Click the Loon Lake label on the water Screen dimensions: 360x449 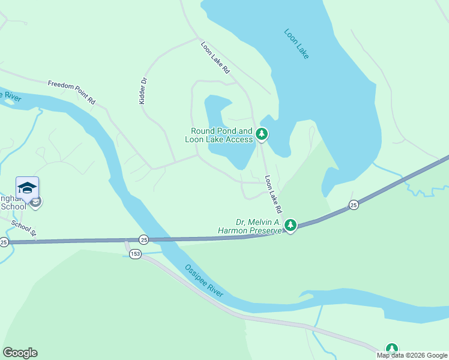click(x=297, y=44)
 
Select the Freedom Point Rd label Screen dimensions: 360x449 click(x=71, y=93)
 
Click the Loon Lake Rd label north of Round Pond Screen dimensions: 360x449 click(x=215, y=58)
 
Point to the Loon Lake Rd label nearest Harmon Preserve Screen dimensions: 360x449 click(x=273, y=196)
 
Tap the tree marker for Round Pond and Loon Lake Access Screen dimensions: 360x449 click(x=261, y=134)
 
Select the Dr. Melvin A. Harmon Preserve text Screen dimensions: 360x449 click(x=250, y=226)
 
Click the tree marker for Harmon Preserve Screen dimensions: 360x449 click(x=291, y=226)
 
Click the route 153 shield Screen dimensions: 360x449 click(x=136, y=254)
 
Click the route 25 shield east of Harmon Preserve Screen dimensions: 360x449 click(x=354, y=205)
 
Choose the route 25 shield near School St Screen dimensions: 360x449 click(x=4, y=242)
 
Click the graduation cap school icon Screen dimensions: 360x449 click(x=27, y=188)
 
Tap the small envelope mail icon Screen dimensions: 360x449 click(x=36, y=203)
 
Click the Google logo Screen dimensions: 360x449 click(x=20, y=353)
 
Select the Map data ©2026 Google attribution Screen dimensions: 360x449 click(x=412, y=355)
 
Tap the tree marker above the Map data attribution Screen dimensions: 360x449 click(x=392, y=348)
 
